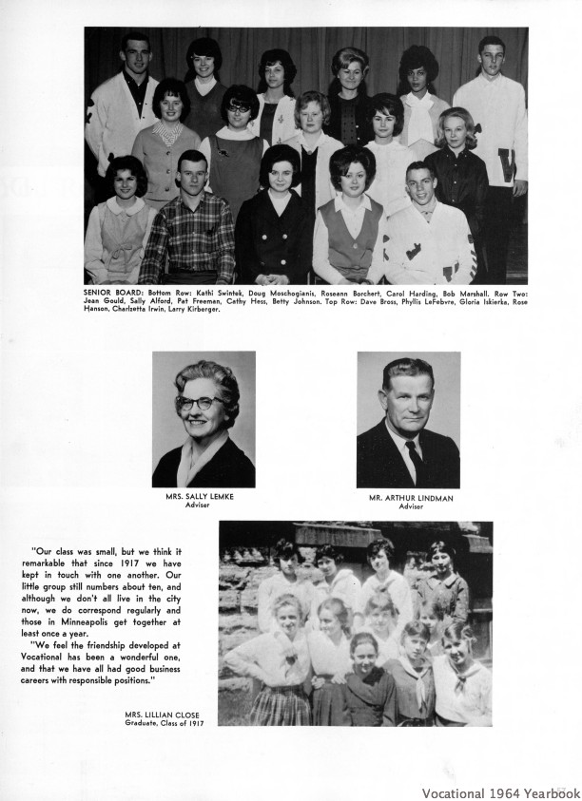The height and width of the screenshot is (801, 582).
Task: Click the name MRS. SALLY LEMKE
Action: point(203,497)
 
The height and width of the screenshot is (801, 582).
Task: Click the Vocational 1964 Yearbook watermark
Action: point(501,791)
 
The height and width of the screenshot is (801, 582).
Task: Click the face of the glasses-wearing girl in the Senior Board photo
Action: point(238,112)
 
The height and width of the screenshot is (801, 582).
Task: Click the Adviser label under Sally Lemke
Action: point(203,505)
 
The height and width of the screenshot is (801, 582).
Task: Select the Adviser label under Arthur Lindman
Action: point(409,505)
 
